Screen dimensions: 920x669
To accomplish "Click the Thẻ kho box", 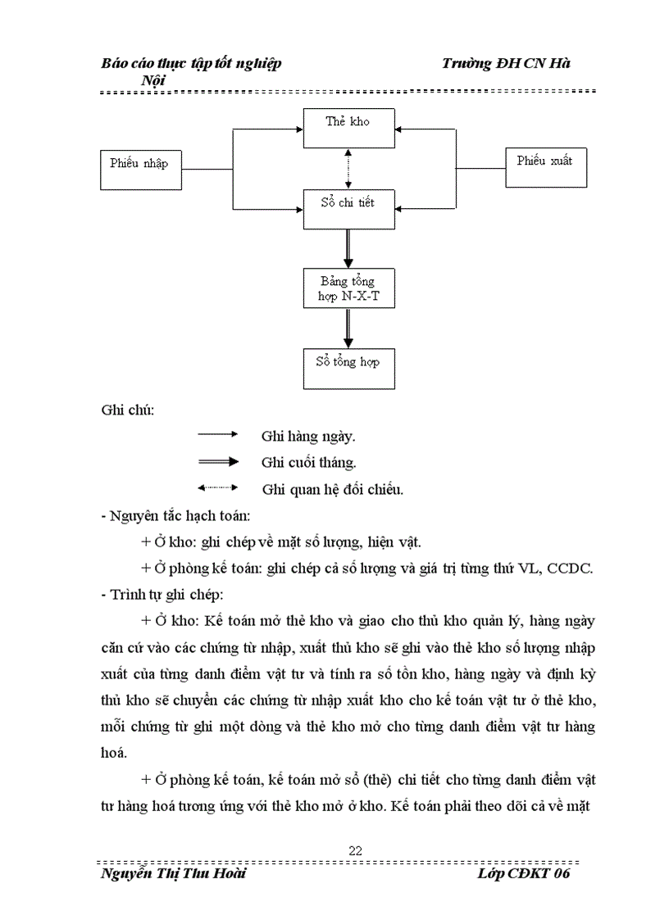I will click(x=348, y=128).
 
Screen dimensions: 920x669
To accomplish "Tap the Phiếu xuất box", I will click(x=545, y=168).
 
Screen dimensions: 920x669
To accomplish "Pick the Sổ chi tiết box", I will click(x=348, y=208).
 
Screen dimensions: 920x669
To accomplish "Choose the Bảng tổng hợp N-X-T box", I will click(x=348, y=288).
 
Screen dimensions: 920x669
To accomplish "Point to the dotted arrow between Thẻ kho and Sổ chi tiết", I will click(x=348, y=169).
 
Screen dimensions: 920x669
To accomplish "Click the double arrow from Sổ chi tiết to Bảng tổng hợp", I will click(x=348, y=248).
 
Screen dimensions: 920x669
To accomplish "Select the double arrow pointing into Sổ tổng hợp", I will click(x=348, y=328).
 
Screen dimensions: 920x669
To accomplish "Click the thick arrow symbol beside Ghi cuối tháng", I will click(x=217, y=462).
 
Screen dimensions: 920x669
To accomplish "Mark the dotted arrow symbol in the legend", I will click(x=217, y=488).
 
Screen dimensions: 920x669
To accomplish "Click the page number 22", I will click(x=355, y=850).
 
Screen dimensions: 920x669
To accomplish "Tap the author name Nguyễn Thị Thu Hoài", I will click(x=172, y=874).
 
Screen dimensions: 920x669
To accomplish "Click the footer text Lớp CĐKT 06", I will click(x=522, y=874).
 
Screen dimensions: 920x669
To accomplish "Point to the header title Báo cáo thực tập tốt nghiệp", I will click(x=191, y=64).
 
